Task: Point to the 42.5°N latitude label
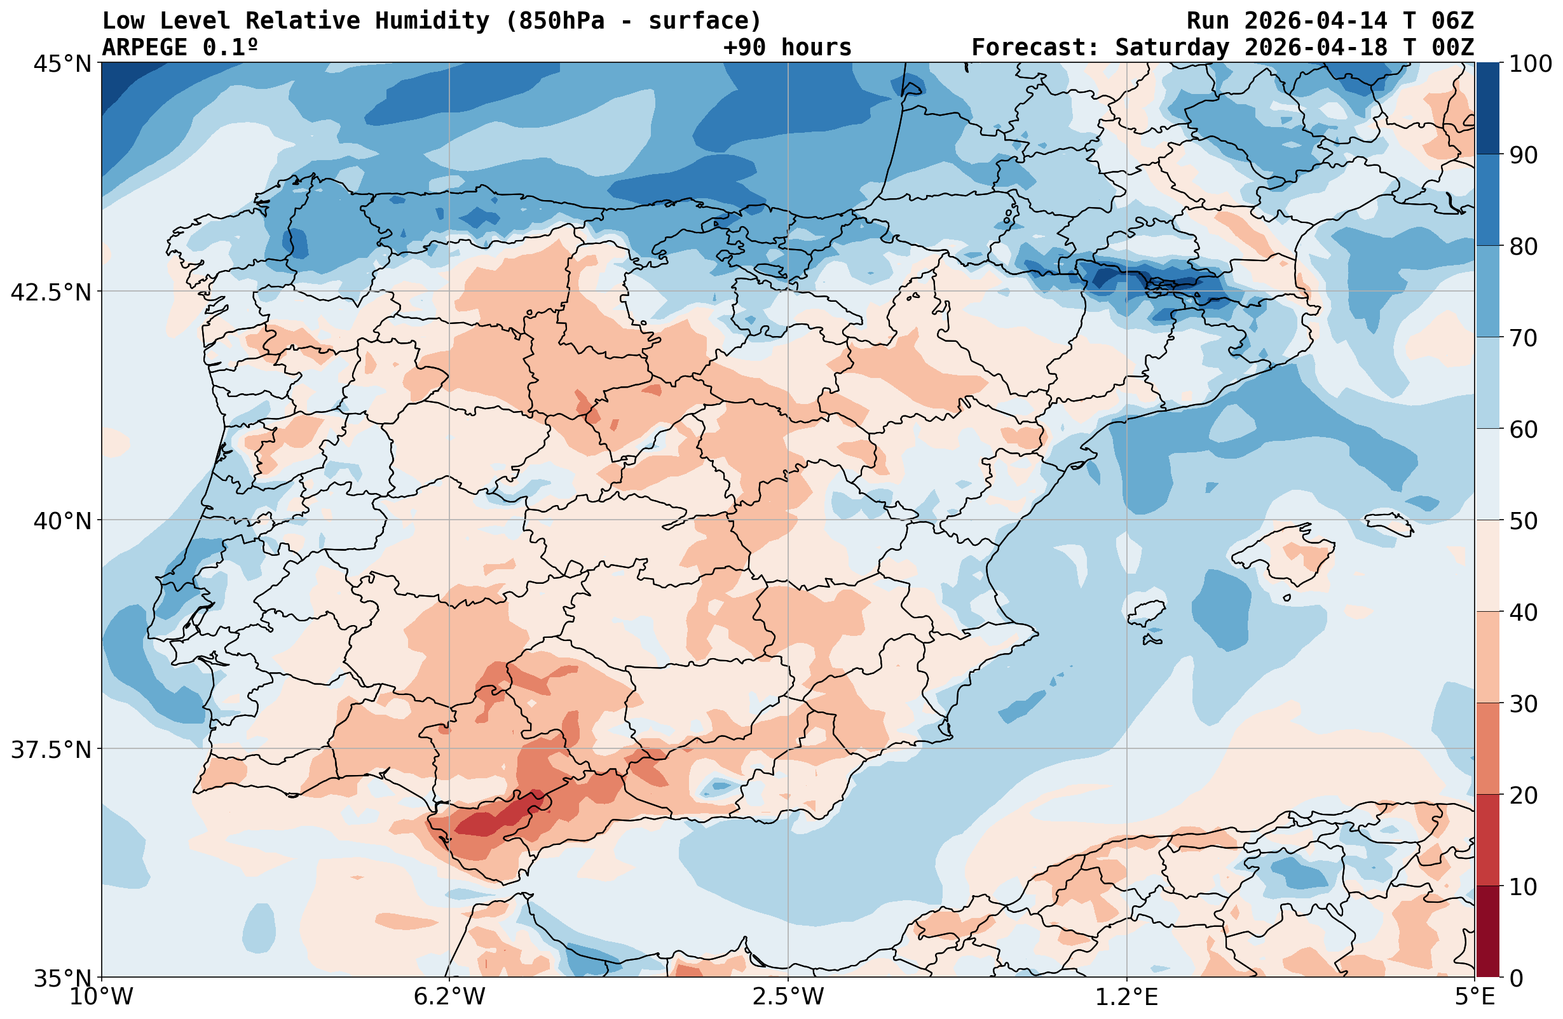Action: tap(51, 292)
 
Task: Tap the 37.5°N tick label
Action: tap(51, 749)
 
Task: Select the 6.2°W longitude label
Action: tap(449, 997)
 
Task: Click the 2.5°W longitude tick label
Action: tap(788, 997)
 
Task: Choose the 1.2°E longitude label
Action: tap(1127, 997)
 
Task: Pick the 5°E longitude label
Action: tap(1475, 997)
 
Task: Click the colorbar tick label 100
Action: tap(1530, 64)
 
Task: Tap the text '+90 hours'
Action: tap(787, 47)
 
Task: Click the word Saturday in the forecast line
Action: tap(1171, 47)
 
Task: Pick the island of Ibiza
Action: tap(1147, 612)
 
